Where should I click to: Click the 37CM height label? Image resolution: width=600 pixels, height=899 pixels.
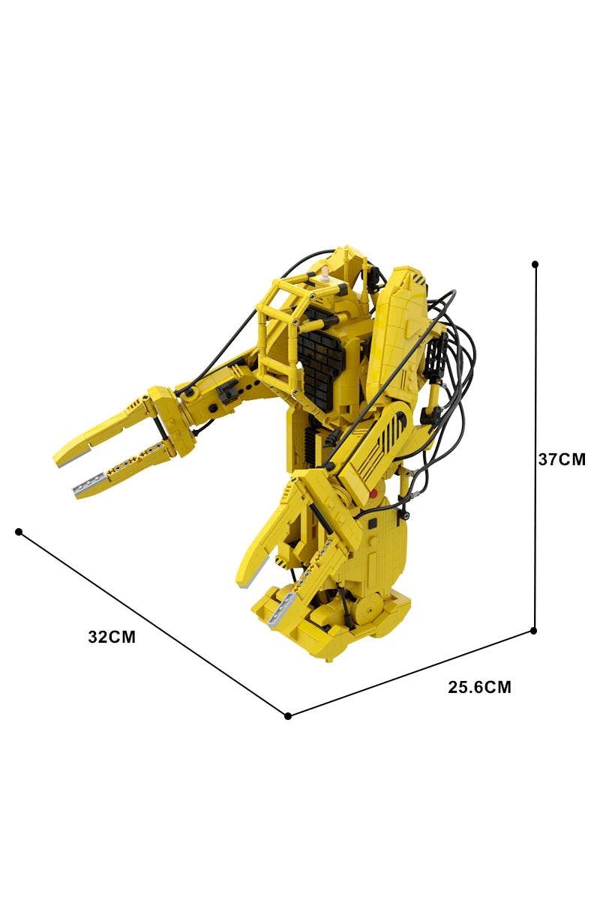pyautogui.click(x=562, y=459)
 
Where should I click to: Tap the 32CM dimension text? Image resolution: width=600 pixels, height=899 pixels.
pyautogui.click(x=112, y=638)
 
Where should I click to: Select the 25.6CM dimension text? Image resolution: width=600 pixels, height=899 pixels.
pyautogui.click(x=480, y=687)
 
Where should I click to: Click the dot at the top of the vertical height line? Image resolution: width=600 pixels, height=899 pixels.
pyautogui.click(x=535, y=264)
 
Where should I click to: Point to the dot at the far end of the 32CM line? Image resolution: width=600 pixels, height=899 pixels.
pyautogui.click(x=19, y=532)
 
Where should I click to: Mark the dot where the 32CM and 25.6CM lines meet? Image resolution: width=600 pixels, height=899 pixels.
pyautogui.click(x=288, y=715)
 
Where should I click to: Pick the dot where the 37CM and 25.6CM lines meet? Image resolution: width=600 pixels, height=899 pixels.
pyautogui.click(x=534, y=631)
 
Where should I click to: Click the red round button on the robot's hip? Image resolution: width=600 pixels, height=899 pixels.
pyautogui.click(x=373, y=494)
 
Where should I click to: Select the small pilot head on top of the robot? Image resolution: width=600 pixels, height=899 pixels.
pyautogui.click(x=325, y=276)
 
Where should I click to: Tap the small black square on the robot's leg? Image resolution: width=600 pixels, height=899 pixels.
pyautogui.click(x=371, y=539)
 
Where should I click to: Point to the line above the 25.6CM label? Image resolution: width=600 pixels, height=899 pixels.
pyautogui.click(x=411, y=673)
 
